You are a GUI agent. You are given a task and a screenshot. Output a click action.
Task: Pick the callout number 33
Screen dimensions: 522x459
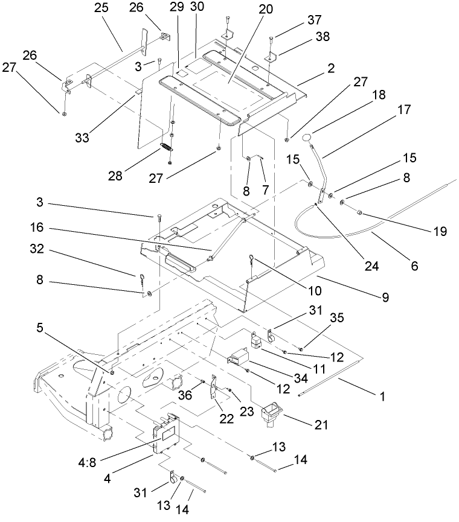(81, 138)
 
